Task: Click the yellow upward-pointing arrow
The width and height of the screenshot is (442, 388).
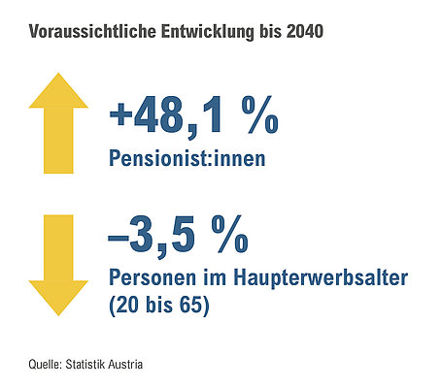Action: [x=58, y=123]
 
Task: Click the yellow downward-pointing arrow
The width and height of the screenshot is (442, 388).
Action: [x=58, y=265]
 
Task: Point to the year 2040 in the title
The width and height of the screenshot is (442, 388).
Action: [x=304, y=32]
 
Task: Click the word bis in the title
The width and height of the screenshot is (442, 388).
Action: [x=270, y=32]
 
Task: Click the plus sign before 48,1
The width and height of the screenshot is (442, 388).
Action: [x=120, y=113]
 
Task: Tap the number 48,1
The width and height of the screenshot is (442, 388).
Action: [x=178, y=115]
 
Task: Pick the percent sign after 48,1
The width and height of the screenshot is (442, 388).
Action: [x=259, y=114]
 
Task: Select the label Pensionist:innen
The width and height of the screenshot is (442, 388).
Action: [x=187, y=158]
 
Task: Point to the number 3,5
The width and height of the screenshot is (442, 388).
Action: [x=162, y=236]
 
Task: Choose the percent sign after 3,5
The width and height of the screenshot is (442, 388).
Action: [x=230, y=234]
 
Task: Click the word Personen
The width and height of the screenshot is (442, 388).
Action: [x=153, y=277]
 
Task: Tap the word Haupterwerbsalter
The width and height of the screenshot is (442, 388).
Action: [x=321, y=277]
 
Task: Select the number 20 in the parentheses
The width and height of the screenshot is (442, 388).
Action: [x=127, y=305]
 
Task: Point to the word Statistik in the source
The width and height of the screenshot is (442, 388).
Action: [x=85, y=364]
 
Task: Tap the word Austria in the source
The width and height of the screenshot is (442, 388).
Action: [x=125, y=364]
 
